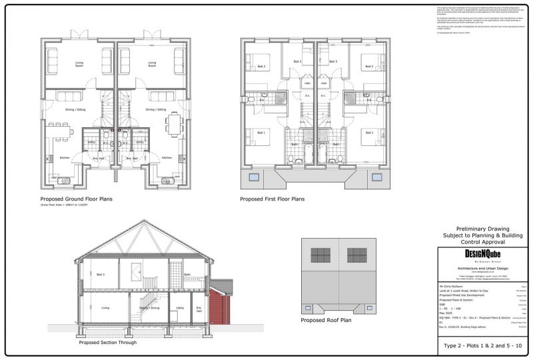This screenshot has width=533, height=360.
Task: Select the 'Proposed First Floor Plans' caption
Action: click(272, 199)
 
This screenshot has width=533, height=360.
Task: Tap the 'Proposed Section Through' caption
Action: click(108, 342)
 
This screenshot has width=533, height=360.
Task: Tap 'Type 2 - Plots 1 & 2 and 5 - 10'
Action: click(484, 346)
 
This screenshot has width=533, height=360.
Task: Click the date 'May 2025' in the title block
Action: click(446, 312)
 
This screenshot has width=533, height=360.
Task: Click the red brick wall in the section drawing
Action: click(220, 307)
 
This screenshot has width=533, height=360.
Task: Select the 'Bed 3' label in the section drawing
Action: click(100, 275)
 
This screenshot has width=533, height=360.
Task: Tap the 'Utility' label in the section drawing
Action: click(179, 308)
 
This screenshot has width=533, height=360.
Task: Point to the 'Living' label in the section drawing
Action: click(105, 308)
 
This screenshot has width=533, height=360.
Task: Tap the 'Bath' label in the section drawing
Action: click(189, 275)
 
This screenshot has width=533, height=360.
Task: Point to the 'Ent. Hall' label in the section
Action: click(199, 309)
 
